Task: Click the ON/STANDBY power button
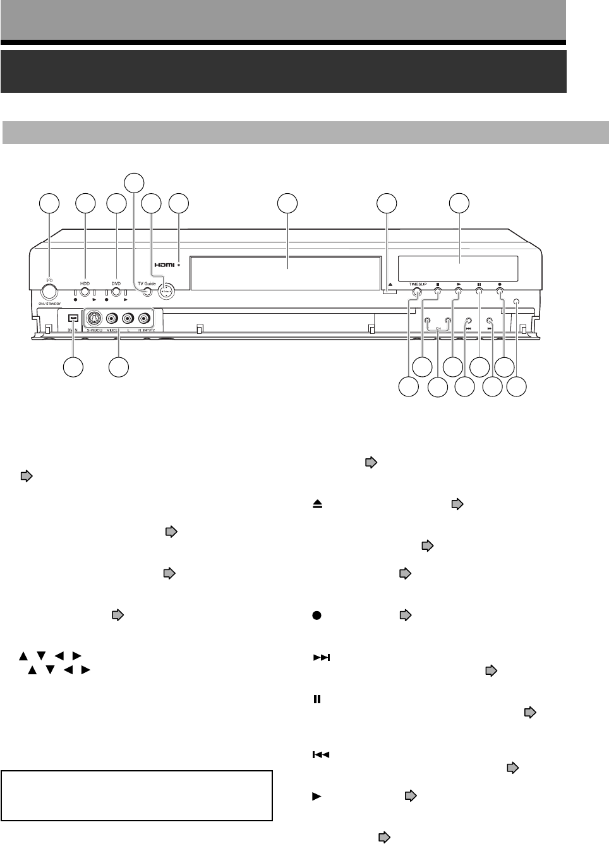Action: [48, 291]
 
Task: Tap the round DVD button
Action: [116, 292]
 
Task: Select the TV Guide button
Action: [147, 292]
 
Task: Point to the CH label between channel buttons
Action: [437, 329]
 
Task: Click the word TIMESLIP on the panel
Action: [418, 284]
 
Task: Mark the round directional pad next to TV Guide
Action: [166, 291]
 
